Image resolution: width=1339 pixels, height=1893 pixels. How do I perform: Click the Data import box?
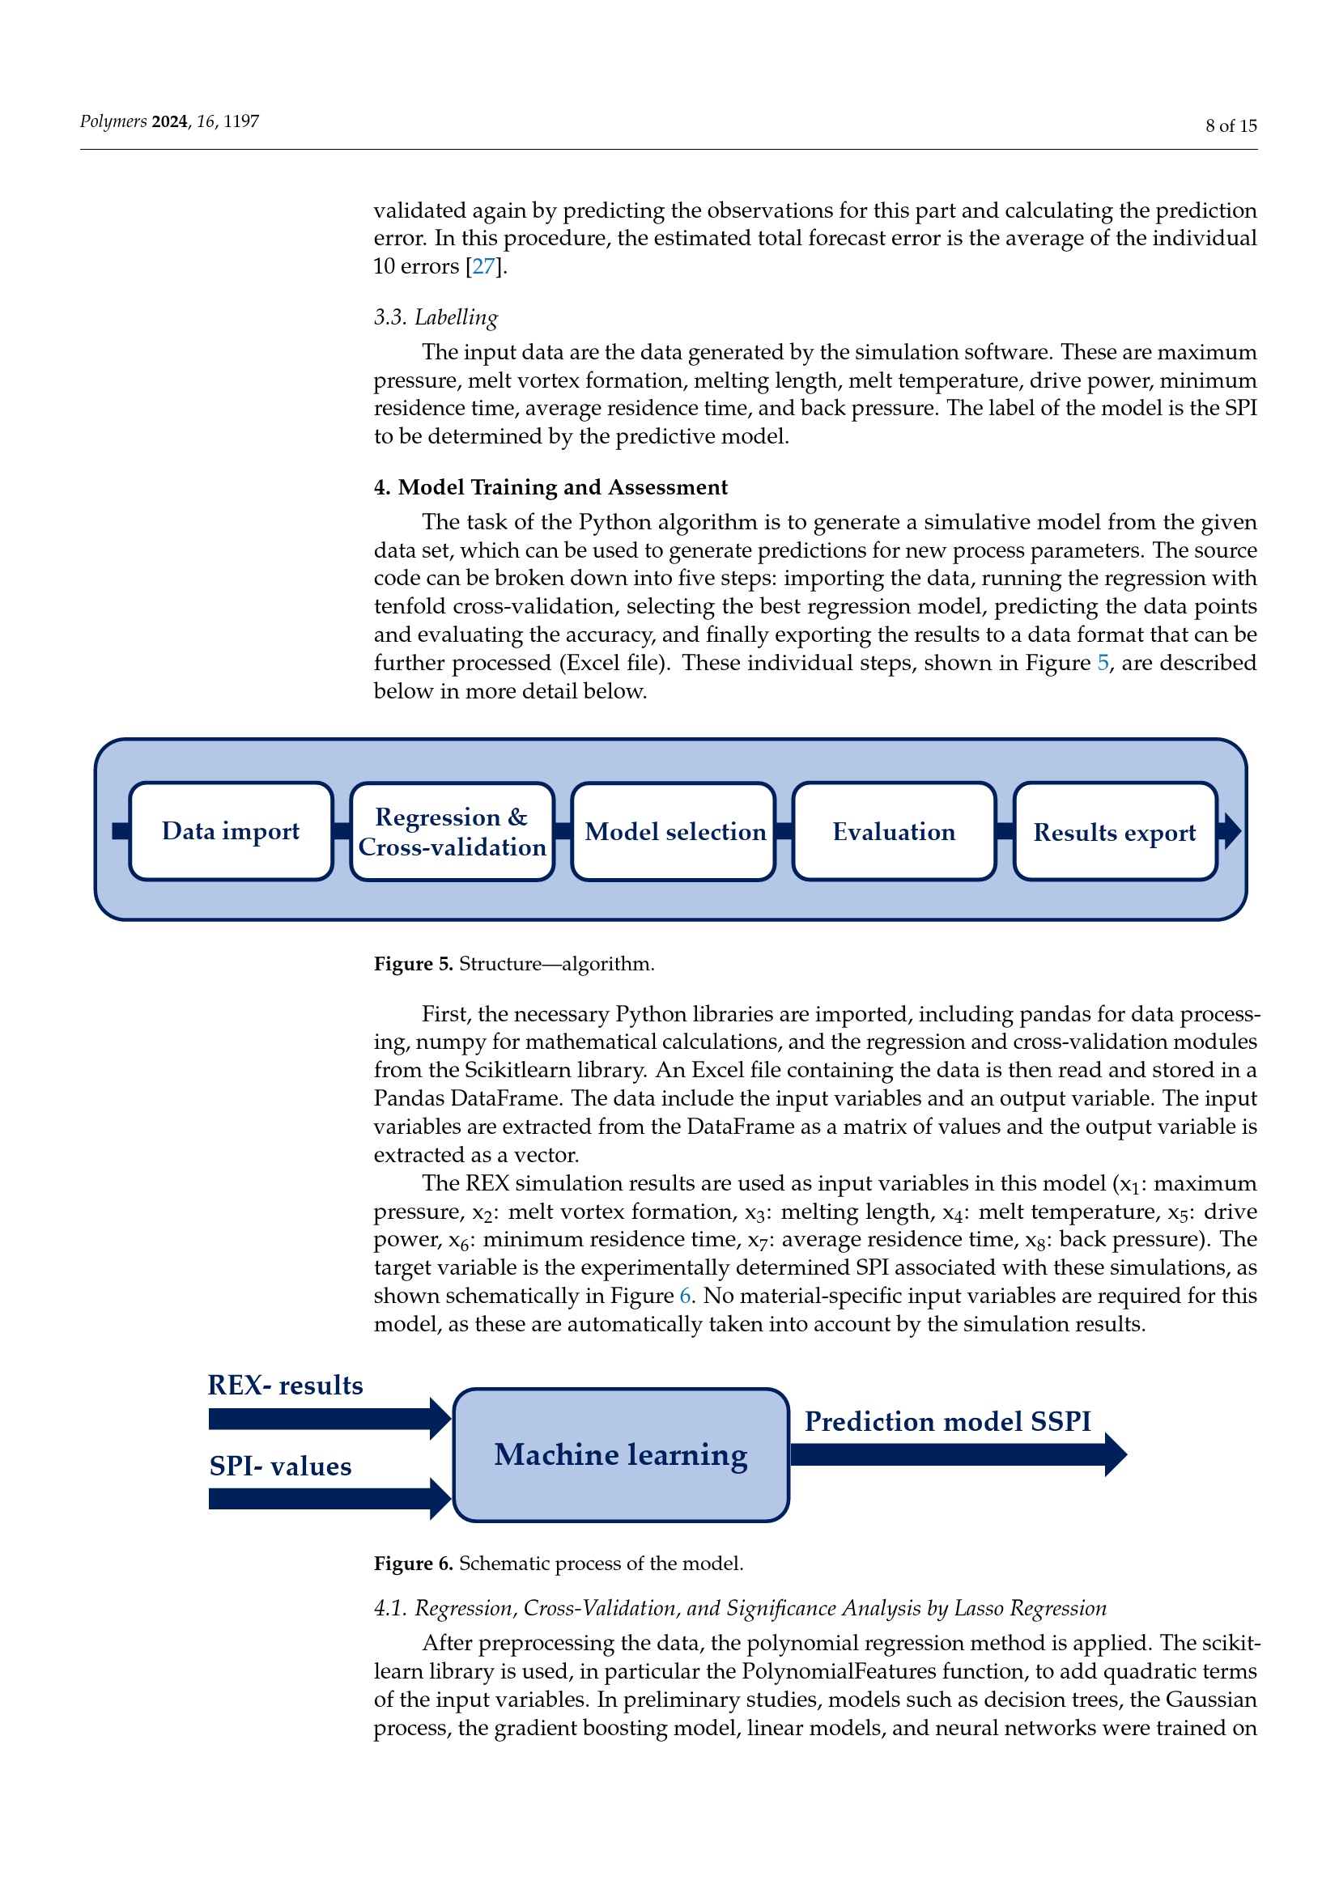click(231, 831)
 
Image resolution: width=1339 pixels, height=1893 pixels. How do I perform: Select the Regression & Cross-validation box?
click(452, 831)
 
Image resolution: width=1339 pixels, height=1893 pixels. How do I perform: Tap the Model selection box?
click(674, 831)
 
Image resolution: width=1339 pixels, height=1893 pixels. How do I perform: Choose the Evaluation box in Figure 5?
click(894, 831)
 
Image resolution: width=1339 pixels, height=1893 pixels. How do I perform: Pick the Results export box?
click(1115, 831)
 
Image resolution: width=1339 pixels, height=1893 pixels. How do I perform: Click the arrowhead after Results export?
click(1230, 831)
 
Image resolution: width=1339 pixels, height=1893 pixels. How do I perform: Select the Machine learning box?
click(621, 1455)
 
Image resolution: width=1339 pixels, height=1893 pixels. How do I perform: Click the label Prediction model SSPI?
click(947, 1421)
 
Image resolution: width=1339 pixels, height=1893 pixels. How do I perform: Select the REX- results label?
click(285, 1385)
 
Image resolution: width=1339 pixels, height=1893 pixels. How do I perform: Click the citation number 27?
click(484, 266)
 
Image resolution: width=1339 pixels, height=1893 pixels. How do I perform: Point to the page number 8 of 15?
click(1231, 126)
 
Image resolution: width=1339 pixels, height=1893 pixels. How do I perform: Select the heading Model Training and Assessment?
click(563, 487)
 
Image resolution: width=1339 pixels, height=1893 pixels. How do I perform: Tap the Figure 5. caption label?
click(413, 964)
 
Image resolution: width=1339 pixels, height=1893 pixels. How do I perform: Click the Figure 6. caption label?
click(413, 1564)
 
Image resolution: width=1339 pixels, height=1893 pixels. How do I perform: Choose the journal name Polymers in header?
click(113, 121)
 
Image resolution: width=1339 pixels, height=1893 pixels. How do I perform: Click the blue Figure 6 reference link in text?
click(685, 1295)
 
